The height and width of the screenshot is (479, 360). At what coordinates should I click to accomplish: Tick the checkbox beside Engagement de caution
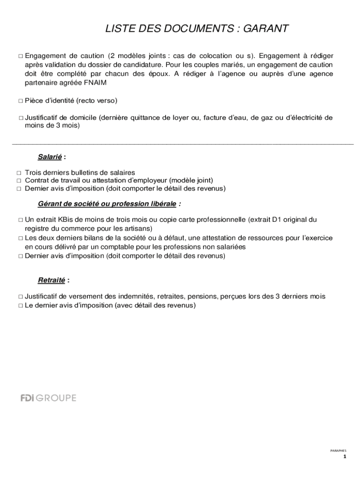pyautogui.click(x=21, y=56)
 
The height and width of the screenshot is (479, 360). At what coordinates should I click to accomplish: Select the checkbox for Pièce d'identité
pyautogui.click(x=21, y=101)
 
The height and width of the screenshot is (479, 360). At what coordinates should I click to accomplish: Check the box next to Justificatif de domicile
pyautogui.click(x=21, y=118)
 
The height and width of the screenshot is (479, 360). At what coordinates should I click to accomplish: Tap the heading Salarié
pyautogui.click(x=50, y=157)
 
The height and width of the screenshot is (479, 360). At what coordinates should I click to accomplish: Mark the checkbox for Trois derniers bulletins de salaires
pyautogui.click(x=19, y=173)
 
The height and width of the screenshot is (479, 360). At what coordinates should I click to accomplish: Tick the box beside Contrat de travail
pyautogui.click(x=19, y=181)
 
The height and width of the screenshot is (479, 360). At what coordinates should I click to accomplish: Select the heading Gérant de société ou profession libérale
pyautogui.click(x=107, y=204)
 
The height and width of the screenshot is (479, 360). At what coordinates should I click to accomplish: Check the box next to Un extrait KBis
pyautogui.click(x=21, y=219)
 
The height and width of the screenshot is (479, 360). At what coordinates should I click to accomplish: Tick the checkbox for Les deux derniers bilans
pyautogui.click(x=21, y=239)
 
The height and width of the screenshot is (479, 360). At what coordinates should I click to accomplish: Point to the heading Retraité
pyautogui.click(x=51, y=280)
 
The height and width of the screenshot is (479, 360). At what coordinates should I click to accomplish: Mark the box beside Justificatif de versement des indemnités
pyautogui.click(x=21, y=297)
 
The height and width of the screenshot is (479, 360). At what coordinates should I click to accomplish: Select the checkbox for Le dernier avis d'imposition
pyautogui.click(x=21, y=305)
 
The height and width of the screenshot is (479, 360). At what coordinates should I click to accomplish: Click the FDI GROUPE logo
pyautogui.click(x=48, y=398)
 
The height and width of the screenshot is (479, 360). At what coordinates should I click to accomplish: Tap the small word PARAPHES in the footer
pyautogui.click(x=338, y=450)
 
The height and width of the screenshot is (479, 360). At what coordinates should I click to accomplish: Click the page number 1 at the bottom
pyautogui.click(x=345, y=457)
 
